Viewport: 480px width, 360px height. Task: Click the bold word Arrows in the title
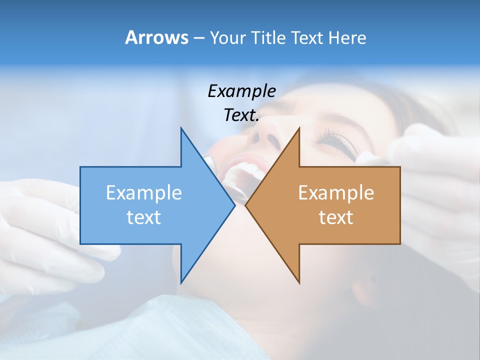pyautogui.click(x=156, y=38)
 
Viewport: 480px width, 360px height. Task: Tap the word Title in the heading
pyautogui.click(x=268, y=38)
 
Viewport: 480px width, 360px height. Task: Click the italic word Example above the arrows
pyautogui.click(x=241, y=91)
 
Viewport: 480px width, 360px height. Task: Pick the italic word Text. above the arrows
pyautogui.click(x=241, y=115)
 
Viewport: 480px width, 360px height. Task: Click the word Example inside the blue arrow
pyautogui.click(x=144, y=193)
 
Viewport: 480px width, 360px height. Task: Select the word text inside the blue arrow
pyautogui.click(x=144, y=217)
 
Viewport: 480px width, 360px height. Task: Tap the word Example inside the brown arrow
pyautogui.click(x=336, y=193)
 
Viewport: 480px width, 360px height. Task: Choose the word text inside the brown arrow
pyautogui.click(x=336, y=217)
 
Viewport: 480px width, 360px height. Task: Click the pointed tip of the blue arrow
pyautogui.click(x=234, y=205)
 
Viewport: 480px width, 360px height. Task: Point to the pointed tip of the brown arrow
pyautogui.click(x=246, y=205)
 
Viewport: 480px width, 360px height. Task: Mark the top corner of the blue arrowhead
pyautogui.click(x=181, y=128)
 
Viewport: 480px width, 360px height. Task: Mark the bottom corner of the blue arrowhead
pyautogui.click(x=181, y=283)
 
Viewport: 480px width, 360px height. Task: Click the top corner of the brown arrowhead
pyautogui.click(x=299, y=128)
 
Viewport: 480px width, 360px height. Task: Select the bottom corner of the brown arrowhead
pyautogui.click(x=299, y=283)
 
